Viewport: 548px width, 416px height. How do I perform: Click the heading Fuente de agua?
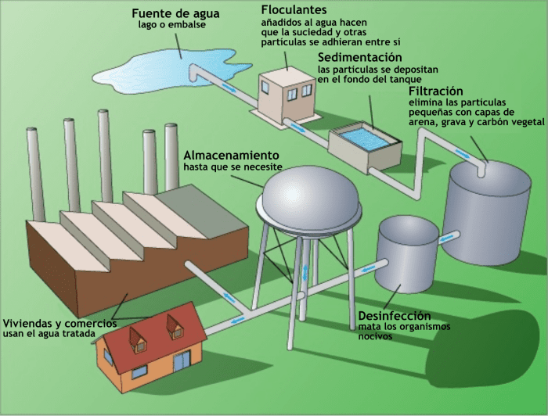[x=175, y=13]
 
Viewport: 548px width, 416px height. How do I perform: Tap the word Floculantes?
[x=294, y=9]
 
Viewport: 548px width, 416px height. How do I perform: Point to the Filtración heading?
[x=436, y=91]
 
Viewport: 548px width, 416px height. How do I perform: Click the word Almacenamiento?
[x=232, y=155]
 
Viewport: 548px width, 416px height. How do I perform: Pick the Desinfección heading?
[x=395, y=316]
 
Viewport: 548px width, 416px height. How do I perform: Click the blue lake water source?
[x=168, y=70]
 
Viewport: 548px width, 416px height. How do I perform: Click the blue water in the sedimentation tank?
[x=363, y=139]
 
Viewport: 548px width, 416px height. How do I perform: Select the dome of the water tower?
[x=309, y=195]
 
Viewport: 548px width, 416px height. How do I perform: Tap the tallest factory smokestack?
[x=106, y=156]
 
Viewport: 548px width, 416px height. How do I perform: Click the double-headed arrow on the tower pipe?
[x=305, y=272]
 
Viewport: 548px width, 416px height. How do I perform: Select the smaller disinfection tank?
[x=406, y=254]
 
